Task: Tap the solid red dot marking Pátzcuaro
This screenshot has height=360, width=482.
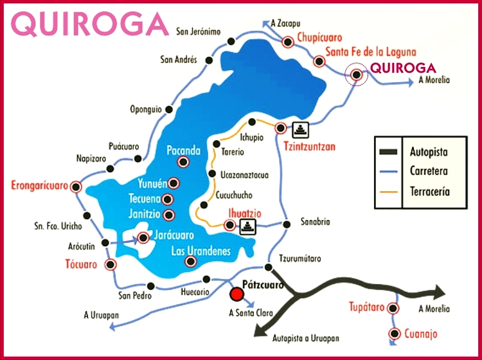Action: coord(237,294)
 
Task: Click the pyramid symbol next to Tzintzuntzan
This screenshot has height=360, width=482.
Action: coord(300,129)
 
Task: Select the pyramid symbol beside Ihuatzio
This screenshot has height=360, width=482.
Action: coord(247,226)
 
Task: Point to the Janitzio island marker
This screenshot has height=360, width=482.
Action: coord(169,215)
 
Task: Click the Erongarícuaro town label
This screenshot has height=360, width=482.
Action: coord(39,187)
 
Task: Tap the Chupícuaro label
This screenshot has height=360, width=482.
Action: coord(319,39)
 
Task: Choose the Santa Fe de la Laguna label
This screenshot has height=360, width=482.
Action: coord(371,52)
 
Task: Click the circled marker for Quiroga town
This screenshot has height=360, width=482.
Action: coord(355,75)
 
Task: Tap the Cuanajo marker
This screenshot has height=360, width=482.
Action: coord(394,334)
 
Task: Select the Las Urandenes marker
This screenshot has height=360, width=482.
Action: coord(190,261)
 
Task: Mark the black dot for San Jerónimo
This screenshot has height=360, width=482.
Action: coord(230,40)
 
